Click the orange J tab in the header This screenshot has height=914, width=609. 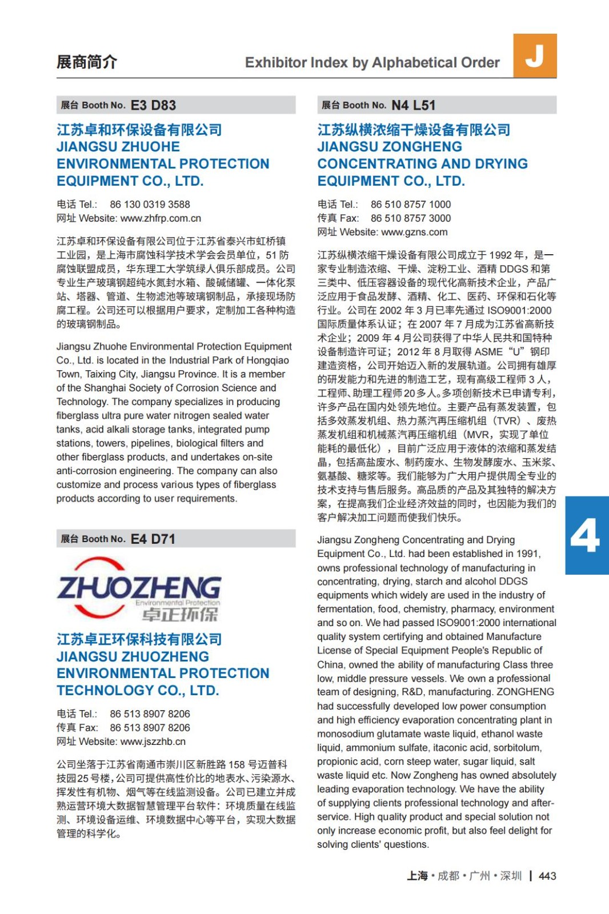(x=535, y=55)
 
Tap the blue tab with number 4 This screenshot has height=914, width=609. (x=586, y=535)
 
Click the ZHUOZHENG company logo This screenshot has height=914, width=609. (x=139, y=589)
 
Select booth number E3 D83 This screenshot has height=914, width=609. (x=153, y=105)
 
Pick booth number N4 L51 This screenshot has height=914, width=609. (x=413, y=105)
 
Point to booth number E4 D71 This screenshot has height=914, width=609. (x=153, y=539)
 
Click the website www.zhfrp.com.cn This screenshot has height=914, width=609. (x=161, y=218)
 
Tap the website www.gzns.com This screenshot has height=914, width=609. (x=414, y=232)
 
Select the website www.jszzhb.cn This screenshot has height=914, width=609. (x=153, y=741)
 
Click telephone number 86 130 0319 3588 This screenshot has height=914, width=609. (x=150, y=205)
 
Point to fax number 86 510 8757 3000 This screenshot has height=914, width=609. (x=410, y=218)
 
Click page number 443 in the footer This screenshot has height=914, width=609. (x=547, y=876)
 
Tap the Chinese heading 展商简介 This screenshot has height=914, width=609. (x=87, y=62)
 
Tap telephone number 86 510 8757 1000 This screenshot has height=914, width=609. (x=410, y=205)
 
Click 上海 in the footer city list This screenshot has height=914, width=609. (x=417, y=876)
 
